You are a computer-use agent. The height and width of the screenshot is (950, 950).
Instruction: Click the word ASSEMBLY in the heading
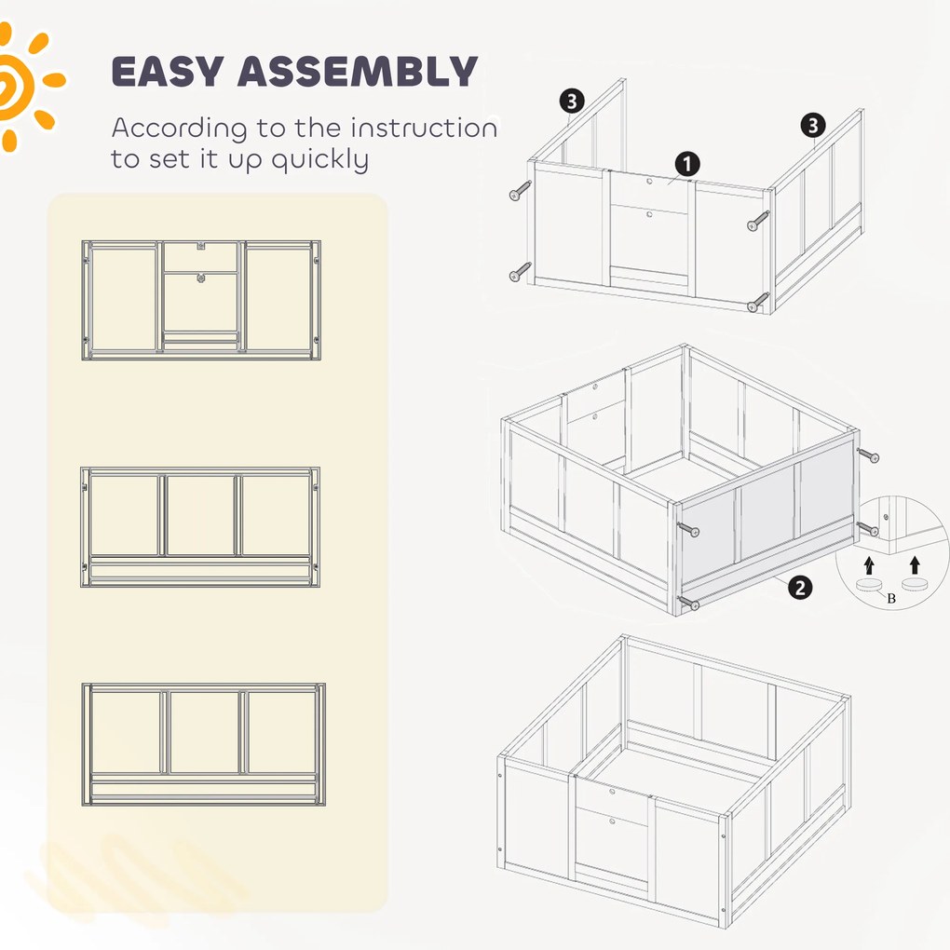coord(358,71)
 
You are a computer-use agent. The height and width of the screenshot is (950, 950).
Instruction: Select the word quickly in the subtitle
coord(319,160)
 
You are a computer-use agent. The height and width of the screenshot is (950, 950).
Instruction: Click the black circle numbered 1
coord(687,164)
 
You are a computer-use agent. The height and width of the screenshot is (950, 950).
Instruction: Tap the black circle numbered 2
coord(800,587)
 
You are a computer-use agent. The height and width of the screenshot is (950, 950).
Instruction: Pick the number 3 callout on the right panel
coord(813,126)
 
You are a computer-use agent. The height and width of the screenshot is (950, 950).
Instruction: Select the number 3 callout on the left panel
coord(572,102)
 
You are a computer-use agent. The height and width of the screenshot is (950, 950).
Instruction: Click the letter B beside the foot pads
coord(891,599)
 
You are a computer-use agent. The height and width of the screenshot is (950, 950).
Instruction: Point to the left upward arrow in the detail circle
coord(869,565)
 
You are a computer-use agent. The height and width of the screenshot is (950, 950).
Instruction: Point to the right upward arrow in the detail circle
coord(915,565)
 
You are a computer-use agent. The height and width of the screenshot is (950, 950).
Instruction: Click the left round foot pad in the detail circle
coord(870,585)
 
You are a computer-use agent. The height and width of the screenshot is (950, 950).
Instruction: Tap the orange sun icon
coord(24,85)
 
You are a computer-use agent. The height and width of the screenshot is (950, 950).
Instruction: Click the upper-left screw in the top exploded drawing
coord(521,190)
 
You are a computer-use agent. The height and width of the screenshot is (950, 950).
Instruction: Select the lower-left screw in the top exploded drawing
coord(521,271)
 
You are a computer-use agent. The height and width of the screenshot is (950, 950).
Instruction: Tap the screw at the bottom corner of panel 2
coord(688,603)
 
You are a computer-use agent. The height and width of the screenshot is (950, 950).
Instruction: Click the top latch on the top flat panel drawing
coord(200,247)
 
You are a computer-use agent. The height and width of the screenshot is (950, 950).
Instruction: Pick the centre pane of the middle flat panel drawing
coord(200,516)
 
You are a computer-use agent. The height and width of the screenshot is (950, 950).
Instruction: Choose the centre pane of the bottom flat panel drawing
coord(204,732)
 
